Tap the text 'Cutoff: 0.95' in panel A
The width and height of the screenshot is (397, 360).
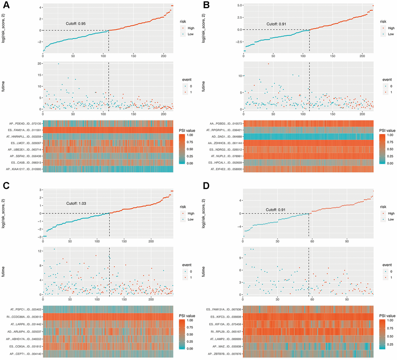point(76,24)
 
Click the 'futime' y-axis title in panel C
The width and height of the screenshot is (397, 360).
point(4,271)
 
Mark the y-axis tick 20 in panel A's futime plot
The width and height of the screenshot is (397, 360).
point(38,63)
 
